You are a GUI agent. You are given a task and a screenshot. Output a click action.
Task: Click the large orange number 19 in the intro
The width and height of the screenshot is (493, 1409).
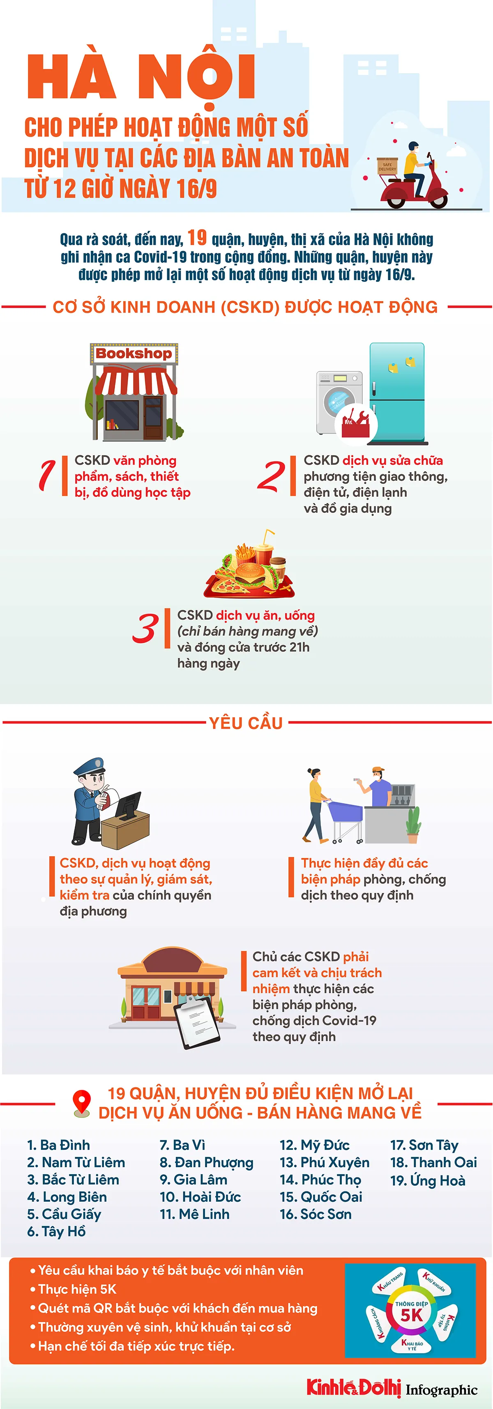197,237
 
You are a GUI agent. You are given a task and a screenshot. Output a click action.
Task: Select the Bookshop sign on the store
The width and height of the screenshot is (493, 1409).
134,353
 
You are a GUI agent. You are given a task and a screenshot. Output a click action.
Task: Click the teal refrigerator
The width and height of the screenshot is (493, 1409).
397,393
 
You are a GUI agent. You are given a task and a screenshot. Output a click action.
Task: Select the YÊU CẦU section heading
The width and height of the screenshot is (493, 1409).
246,723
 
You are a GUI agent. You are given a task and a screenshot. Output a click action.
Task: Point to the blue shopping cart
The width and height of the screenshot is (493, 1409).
344,817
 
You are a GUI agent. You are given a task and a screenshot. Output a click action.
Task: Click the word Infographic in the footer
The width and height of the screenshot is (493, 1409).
442,1390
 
